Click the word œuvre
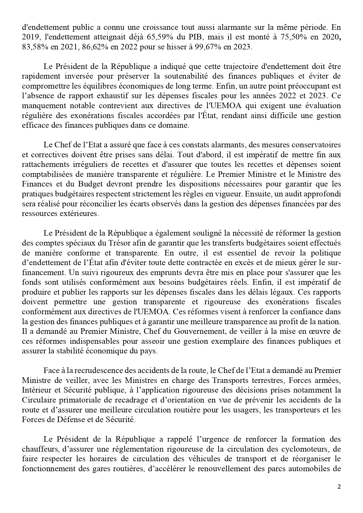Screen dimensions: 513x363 tap(316, 331)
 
